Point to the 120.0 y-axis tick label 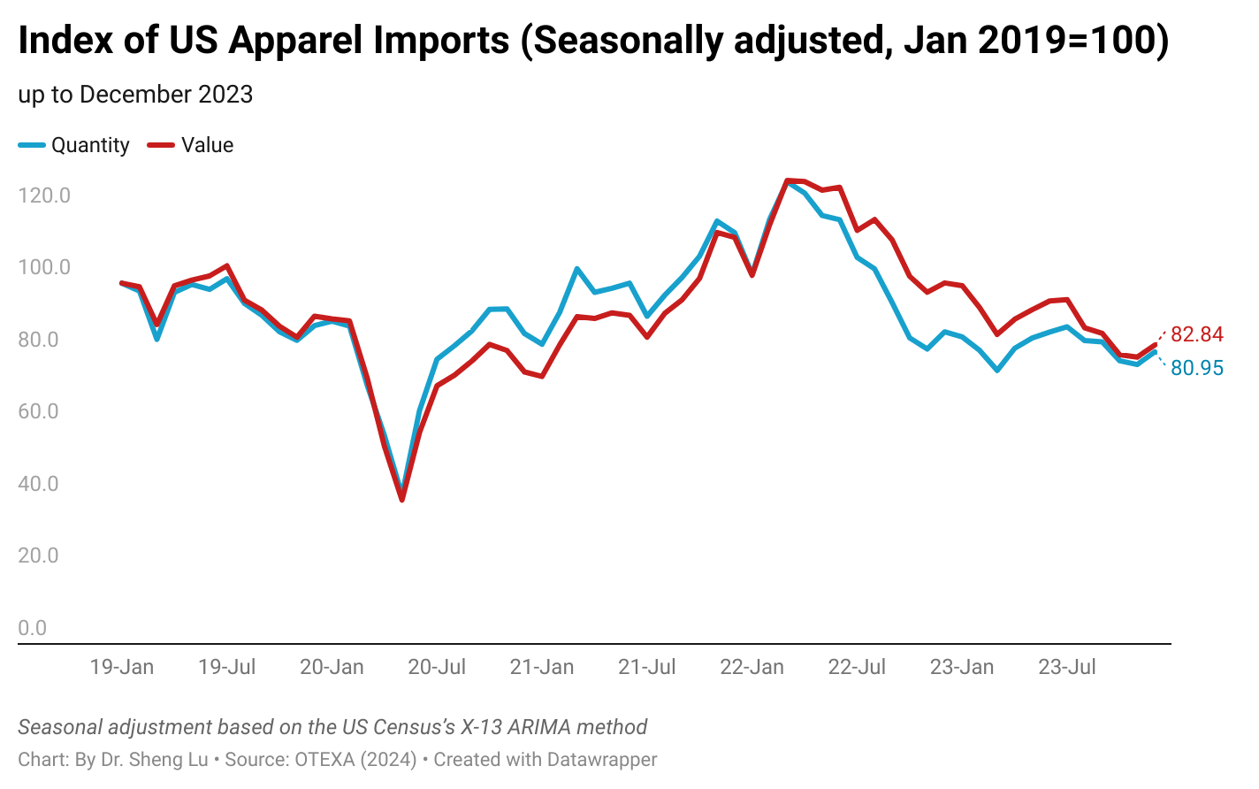point(44,195)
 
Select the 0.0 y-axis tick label point(33,628)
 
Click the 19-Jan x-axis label point(122,667)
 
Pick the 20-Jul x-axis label point(437,667)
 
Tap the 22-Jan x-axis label point(752,667)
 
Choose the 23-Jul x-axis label point(1066,667)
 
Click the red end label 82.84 point(1197,334)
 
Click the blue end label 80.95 point(1197,368)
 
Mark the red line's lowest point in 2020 point(402,500)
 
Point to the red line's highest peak point(788,180)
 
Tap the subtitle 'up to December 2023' point(135,95)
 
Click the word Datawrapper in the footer point(601,760)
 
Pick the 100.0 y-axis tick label point(44,267)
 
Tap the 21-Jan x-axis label point(542,667)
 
